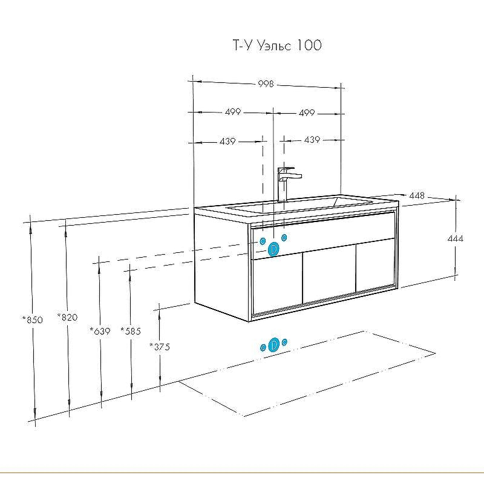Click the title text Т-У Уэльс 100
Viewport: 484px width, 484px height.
(272, 46)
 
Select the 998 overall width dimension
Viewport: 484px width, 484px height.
(267, 84)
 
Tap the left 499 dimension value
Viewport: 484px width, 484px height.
(233, 112)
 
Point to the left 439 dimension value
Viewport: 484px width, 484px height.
(227, 141)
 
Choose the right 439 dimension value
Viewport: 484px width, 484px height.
(312, 140)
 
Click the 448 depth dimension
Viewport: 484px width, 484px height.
(416, 195)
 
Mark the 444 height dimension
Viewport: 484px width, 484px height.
(456, 239)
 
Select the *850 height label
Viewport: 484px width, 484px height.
(33, 320)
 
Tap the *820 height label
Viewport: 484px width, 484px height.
(67, 316)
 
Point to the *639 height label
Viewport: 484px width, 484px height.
(100, 331)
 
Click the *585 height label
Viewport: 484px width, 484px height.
(131, 331)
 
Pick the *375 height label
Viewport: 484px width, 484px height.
(160, 347)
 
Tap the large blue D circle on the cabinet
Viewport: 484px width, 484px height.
(273, 248)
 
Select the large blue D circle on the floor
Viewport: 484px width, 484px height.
(273, 344)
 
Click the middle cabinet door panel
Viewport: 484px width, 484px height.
(329, 275)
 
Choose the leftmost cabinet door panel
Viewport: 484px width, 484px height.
(276, 283)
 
